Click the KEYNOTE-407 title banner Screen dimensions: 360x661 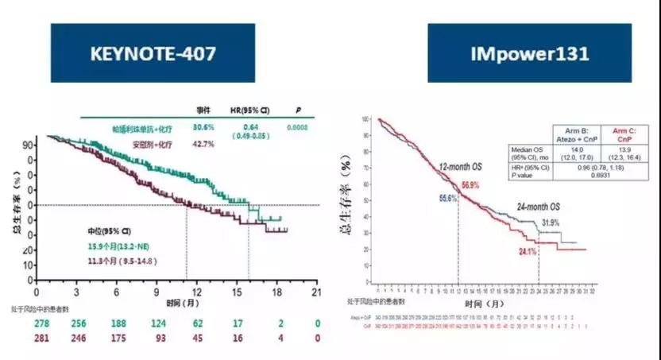(153, 52)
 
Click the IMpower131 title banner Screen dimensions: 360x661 (529, 52)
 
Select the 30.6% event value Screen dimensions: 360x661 (203, 127)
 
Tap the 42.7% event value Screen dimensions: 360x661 (203, 144)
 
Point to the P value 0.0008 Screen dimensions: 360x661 (299, 127)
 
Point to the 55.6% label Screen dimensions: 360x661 (447, 198)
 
